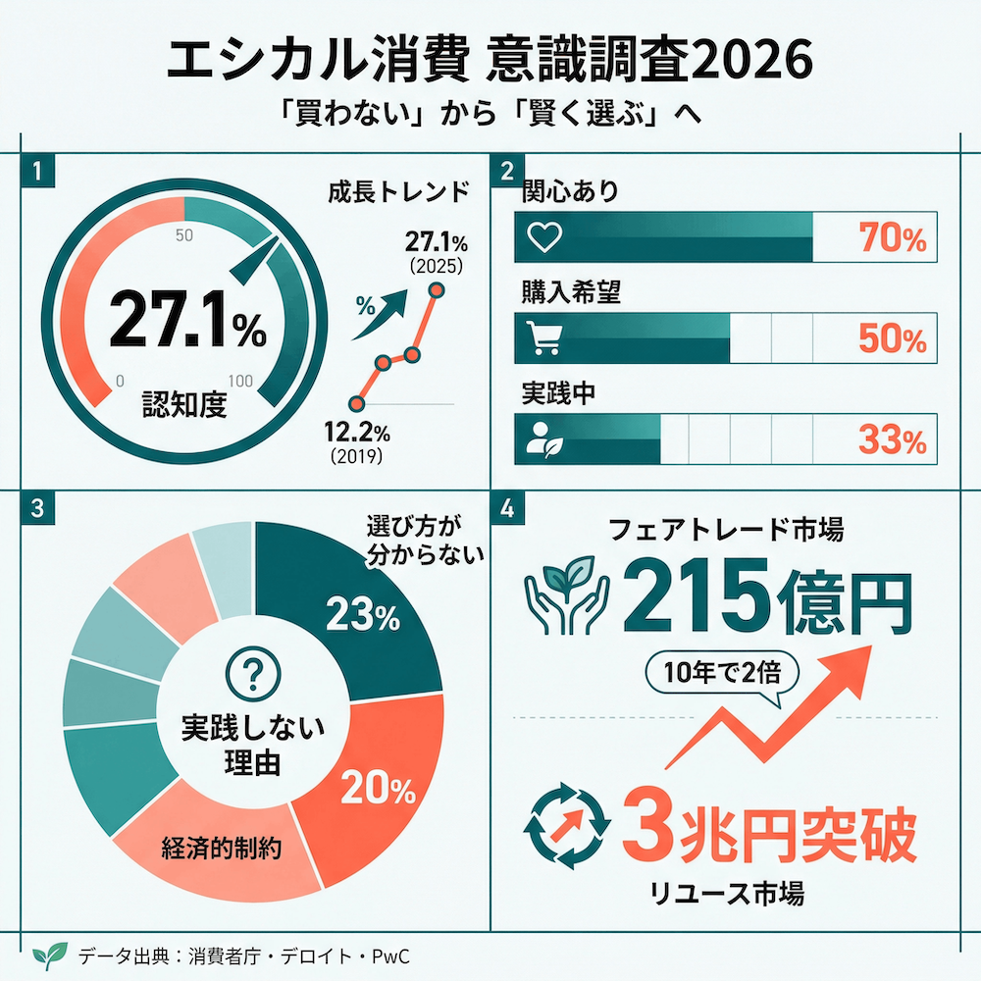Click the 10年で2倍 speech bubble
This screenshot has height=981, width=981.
click(722, 675)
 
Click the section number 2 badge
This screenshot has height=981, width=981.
click(506, 171)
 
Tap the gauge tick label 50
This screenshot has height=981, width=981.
click(183, 235)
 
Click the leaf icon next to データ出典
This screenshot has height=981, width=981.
click(49, 955)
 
